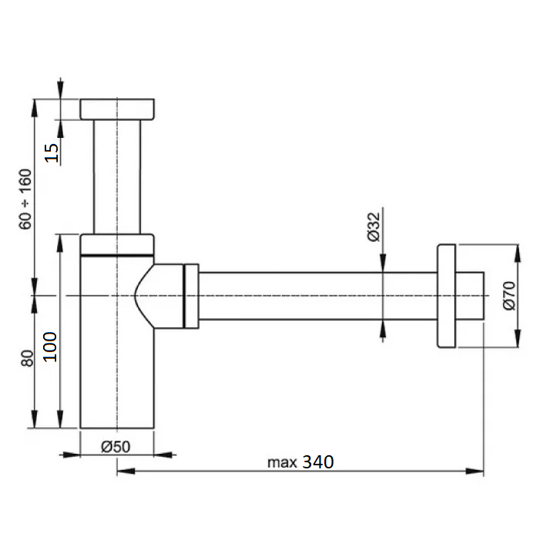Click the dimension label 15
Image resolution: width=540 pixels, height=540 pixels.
pos(52,153)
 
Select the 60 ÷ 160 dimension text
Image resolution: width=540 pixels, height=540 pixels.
pos(25,199)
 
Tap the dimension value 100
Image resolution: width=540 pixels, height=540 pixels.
pos(50,347)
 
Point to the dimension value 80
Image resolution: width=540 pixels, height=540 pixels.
pos(27,358)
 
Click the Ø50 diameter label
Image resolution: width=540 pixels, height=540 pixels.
pos(116,447)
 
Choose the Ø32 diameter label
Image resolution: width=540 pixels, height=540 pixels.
pos(374,226)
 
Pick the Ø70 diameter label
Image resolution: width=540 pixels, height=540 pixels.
pos(509,296)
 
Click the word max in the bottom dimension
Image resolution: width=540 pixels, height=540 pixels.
pos(282,462)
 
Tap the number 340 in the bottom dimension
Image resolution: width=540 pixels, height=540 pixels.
pos(318,462)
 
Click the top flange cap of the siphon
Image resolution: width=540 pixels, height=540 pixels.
pos(117,109)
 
